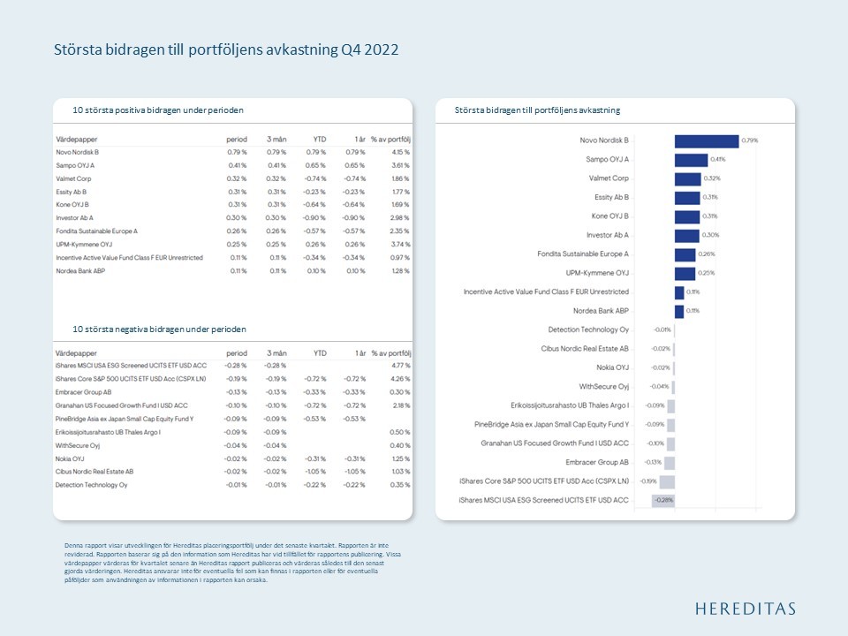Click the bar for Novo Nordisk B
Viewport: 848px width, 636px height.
click(x=706, y=140)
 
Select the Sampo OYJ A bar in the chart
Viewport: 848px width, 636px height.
click(x=690, y=160)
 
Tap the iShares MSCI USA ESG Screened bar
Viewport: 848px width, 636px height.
click(x=662, y=501)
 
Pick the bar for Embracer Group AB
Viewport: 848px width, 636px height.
click(x=669, y=463)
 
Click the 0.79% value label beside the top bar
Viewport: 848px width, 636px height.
click(x=750, y=140)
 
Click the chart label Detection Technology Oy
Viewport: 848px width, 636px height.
click(x=588, y=329)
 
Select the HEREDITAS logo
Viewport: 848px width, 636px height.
click(x=745, y=609)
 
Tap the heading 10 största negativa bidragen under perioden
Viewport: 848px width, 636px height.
click(x=159, y=329)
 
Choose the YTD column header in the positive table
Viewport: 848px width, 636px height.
click(x=319, y=140)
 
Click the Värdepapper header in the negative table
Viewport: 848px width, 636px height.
click(x=76, y=352)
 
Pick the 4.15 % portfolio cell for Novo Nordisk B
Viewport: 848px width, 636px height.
click(x=399, y=152)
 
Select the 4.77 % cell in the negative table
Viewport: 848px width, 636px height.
click(x=400, y=365)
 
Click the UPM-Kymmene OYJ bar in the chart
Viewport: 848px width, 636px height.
click(x=685, y=273)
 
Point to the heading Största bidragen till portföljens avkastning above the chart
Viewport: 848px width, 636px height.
click(x=537, y=110)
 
